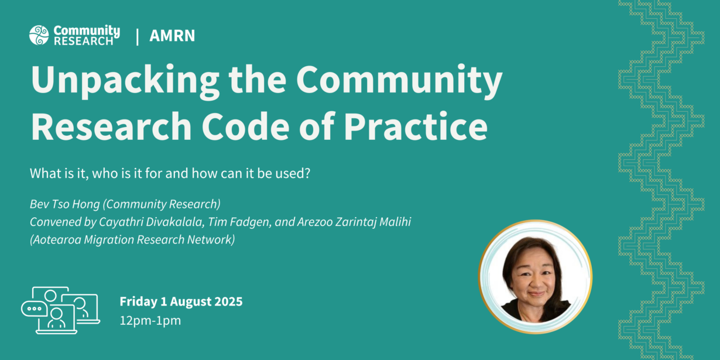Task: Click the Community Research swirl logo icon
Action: [39, 35]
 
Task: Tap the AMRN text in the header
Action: [172, 36]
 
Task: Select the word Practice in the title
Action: [416, 126]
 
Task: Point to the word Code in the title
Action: [246, 126]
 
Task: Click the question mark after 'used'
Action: [307, 173]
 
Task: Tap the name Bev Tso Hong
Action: [65, 204]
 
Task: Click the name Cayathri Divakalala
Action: [151, 222]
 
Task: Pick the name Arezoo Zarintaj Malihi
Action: [354, 222]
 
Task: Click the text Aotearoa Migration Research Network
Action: [132, 240]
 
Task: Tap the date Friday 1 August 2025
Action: [181, 301]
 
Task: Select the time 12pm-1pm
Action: [150, 320]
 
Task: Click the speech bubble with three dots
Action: [35, 308]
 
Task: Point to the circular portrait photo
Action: [535, 277]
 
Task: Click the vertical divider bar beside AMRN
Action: [138, 37]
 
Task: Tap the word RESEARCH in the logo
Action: [84, 41]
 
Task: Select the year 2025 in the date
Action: [228, 301]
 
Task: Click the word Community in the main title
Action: [399, 80]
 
